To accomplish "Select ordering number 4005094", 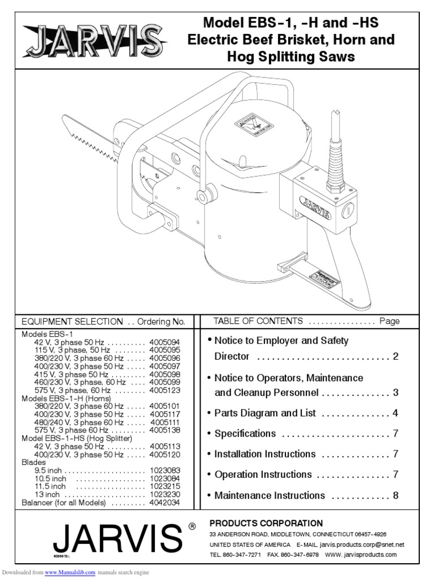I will (x=164, y=342).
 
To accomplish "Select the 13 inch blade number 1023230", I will (x=164, y=494).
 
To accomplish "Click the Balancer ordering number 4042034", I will (x=164, y=502).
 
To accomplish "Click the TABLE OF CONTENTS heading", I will (x=258, y=321).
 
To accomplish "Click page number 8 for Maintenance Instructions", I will (x=396, y=495).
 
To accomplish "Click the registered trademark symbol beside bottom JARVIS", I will (x=192, y=526).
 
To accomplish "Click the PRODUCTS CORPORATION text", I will (x=266, y=523).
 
